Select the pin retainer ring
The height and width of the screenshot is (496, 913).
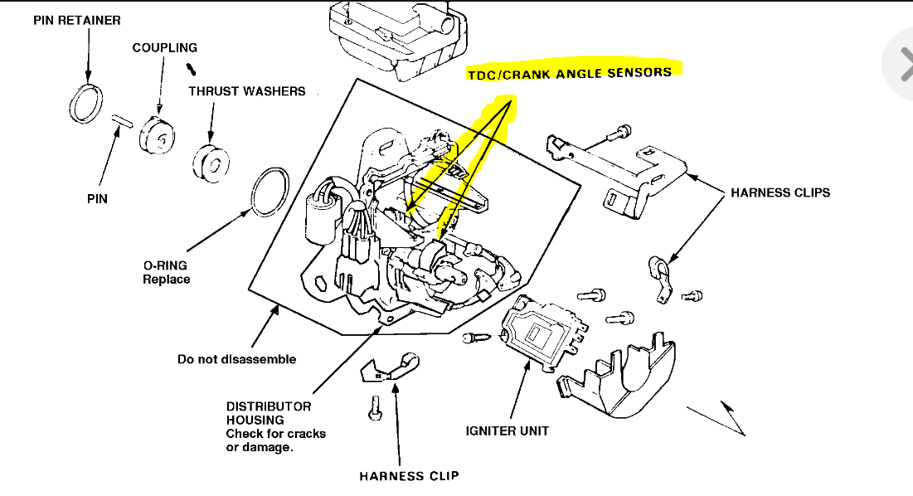(x=85, y=102)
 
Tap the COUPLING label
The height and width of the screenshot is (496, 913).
(x=164, y=48)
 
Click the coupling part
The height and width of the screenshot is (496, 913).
(x=157, y=134)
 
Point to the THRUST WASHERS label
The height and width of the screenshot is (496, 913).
(x=246, y=91)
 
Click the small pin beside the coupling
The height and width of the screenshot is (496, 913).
(x=123, y=120)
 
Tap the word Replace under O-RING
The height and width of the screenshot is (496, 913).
(x=166, y=280)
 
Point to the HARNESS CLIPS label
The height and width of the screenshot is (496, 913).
(x=779, y=193)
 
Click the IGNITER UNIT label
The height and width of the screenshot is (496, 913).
(x=507, y=431)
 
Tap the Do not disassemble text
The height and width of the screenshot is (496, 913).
(x=236, y=359)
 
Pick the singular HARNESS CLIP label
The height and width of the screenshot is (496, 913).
(x=409, y=476)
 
